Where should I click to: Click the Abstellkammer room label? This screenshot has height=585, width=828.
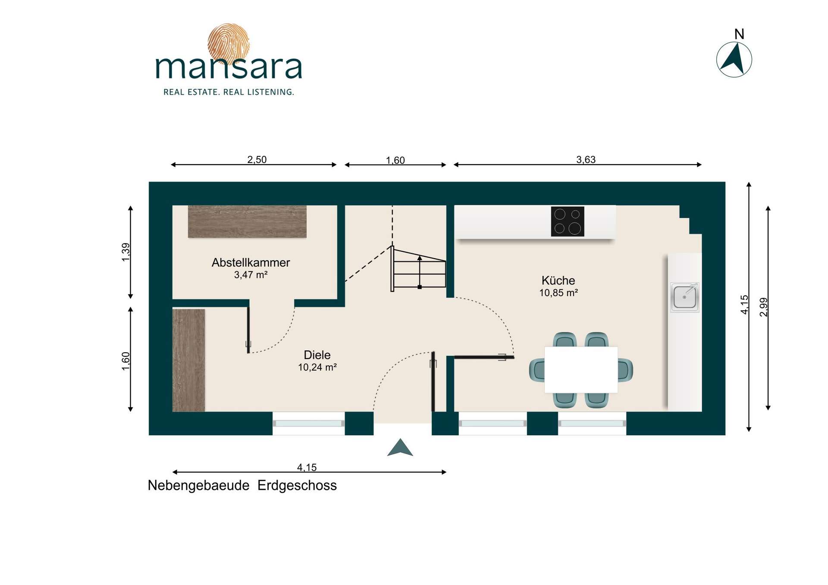click(251, 263)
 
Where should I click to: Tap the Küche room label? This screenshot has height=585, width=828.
click(558, 280)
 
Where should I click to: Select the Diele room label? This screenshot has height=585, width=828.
click(317, 355)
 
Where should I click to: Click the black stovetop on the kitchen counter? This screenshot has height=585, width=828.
click(568, 222)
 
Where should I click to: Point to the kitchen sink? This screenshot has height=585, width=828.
click(684, 297)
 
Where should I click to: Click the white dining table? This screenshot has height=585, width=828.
click(581, 370)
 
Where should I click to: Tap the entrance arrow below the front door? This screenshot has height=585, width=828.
click(400, 447)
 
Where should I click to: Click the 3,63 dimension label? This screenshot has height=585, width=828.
click(586, 160)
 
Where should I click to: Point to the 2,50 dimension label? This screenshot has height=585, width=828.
click(257, 160)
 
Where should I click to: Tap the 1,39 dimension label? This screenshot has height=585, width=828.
click(125, 252)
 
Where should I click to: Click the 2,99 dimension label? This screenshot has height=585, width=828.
click(763, 307)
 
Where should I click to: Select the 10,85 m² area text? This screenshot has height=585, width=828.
click(558, 293)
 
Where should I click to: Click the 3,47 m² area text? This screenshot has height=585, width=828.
click(251, 275)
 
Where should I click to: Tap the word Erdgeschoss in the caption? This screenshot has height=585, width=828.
click(297, 485)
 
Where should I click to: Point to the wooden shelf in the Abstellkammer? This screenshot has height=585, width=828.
click(247, 222)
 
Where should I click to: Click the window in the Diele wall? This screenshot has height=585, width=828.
click(309, 423)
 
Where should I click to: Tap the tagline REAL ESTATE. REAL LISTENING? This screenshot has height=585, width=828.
click(229, 92)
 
